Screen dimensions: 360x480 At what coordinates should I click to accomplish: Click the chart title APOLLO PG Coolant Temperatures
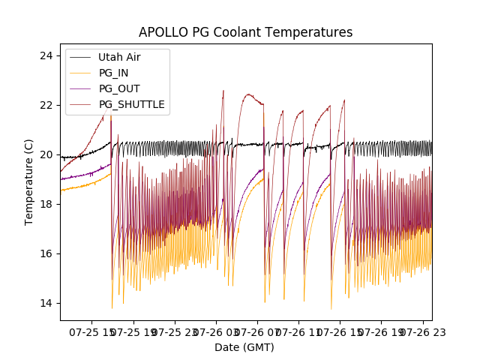point(245,33)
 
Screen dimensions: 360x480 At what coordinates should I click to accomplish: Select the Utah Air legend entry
point(119,57)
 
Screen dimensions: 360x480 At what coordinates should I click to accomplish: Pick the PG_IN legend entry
point(114,73)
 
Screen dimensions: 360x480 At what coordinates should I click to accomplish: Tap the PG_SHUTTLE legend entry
point(131,104)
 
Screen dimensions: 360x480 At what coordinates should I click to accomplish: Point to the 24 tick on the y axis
point(46,56)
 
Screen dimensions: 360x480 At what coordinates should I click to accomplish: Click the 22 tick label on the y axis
point(46,105)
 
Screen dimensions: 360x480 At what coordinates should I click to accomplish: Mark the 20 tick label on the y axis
point(46,154)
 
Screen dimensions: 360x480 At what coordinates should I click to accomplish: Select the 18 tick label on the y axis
point(46,204)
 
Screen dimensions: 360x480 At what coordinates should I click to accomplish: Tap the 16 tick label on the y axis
point(46,253)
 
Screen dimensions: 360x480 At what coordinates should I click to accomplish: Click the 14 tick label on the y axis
point(46,303)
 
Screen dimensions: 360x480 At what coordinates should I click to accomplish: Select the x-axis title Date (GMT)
point(245,347)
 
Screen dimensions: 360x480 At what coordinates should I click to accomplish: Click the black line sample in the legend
point(82,57)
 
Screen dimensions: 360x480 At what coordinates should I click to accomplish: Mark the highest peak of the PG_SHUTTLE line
point(223,91)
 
